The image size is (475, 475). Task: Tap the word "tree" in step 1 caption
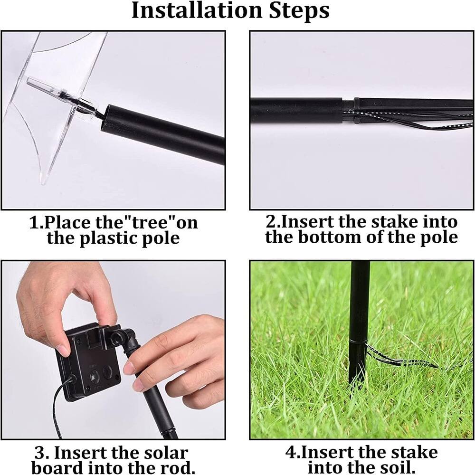click(x=152, y=222)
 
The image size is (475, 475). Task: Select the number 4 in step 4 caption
click(x=290, y=453)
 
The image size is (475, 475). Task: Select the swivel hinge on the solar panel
click(x=119, y=335)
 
